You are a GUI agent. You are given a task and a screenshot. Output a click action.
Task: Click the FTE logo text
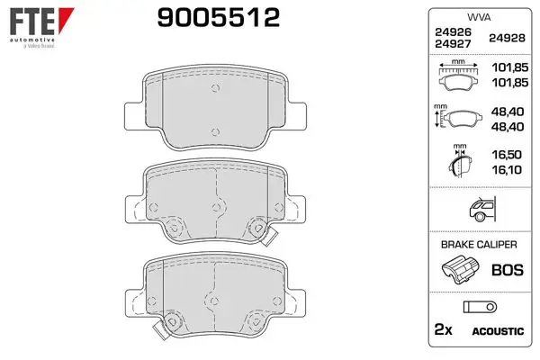click(x=32, y=21)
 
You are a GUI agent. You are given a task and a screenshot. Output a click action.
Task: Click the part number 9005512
click(x=219, y=18)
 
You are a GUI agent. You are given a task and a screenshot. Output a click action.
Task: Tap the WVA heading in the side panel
click(x=479, y=17)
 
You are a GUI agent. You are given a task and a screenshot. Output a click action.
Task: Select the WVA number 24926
click(x=453, y=32)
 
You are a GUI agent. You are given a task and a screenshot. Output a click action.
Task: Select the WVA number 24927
click(x=453, y=44)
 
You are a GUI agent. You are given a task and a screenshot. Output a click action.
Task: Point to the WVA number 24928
click(x=507, y=38)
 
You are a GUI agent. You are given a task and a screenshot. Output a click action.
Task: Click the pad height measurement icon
click(x=458, y=117)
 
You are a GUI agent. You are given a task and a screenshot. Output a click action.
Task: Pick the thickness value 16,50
click(x=507, y=155)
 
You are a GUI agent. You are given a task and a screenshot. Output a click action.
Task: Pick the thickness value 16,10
click(x=507, y=169)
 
